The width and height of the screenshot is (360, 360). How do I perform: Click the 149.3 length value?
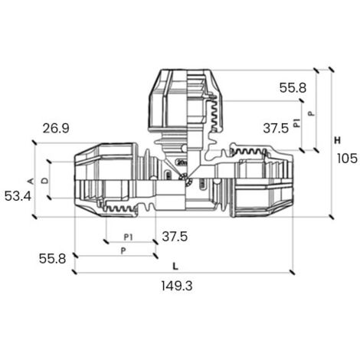[x=177, y=286]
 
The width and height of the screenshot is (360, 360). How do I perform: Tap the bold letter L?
[x=175, y=267]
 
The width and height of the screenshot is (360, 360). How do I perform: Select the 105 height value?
[x=347, y=159]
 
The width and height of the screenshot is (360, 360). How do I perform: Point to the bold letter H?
[x=338, y=140]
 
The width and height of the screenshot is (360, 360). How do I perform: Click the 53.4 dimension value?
[x=18, y=196]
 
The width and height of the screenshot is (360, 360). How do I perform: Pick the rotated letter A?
[x=31, y=181]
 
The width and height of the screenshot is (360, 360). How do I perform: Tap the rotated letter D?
[x=44, y=181]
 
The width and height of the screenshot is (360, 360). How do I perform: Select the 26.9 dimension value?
[x=56, y=128]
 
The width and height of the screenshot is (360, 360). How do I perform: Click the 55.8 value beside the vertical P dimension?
[x=293, y=88]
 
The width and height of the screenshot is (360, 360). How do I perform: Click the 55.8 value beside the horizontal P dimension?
[x=52, y=259]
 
